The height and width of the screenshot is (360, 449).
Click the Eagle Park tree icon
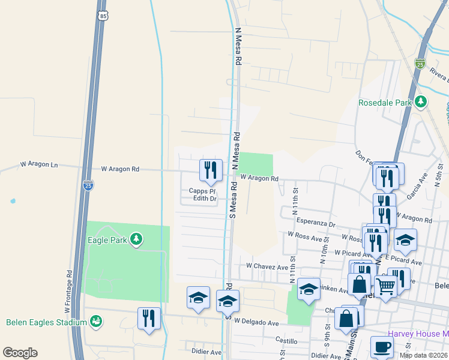point(136,239)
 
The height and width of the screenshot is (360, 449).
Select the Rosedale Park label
point(385,103)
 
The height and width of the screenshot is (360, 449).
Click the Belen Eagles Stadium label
point(46,322)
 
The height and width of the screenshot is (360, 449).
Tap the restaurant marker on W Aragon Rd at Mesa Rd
point(211,170)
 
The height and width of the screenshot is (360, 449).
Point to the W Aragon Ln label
point(39,164)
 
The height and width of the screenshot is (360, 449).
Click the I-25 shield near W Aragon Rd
point(88,185)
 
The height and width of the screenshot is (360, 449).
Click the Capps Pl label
point(202,191)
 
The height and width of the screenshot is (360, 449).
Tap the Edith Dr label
point(205,199)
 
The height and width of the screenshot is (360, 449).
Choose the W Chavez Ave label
point(267,265)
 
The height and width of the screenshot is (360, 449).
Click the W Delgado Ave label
point(256,323)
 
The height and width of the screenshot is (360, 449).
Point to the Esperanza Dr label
point(315,223)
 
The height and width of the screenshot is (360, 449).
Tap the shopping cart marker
point(385,287)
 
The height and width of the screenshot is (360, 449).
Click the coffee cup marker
point(381,346)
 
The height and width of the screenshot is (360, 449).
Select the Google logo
point(20,353)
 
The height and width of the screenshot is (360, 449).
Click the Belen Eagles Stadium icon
point(95,322)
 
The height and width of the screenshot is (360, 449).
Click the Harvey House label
point(417,334)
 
